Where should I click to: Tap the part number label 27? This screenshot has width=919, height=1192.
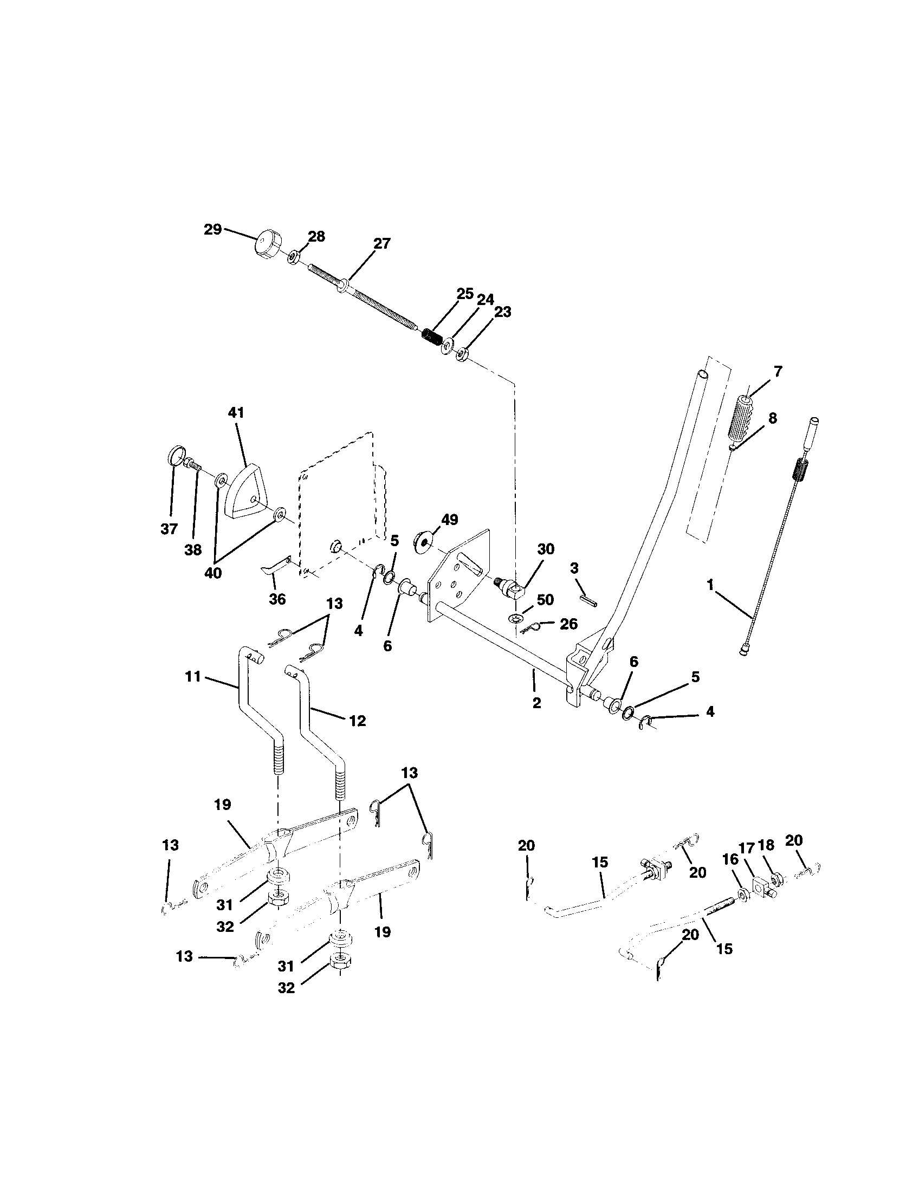click(381, 243)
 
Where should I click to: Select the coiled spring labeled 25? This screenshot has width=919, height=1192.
click(433, 336)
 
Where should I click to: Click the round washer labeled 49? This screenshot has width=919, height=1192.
click(424, 537)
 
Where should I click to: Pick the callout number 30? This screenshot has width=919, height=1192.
click(545, 549)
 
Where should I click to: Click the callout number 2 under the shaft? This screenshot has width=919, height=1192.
click(536, 703)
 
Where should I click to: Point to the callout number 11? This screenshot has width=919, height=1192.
click(193, 677)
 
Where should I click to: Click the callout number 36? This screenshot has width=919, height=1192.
click(277, 599)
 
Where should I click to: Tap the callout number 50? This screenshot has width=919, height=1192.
click(544, 600)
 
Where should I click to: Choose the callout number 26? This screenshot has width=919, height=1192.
click(568, 624)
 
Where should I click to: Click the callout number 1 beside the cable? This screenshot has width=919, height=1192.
click(710, 586)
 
